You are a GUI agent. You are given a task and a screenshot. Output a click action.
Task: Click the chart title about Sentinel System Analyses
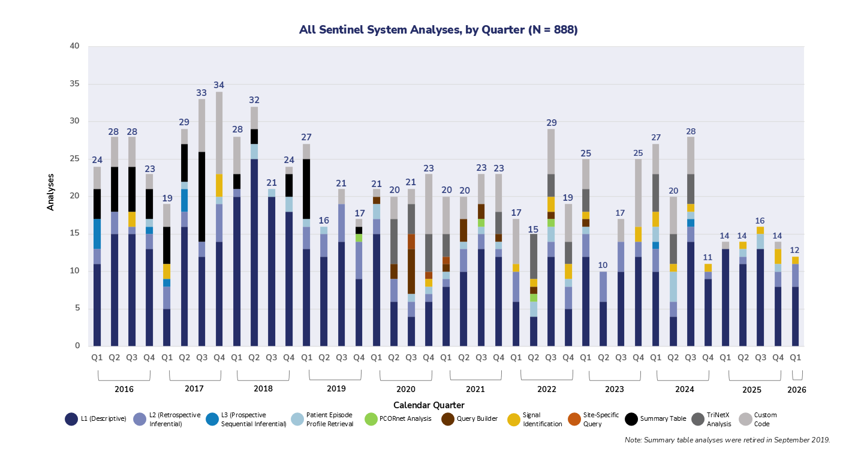pyautogui.click(x=438, y=29)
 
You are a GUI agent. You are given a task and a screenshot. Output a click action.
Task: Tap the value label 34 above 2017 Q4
pyautogui.click(x=220, y=85)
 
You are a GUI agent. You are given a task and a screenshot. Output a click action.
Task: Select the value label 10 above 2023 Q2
pyautogui.click(x=603, y=265)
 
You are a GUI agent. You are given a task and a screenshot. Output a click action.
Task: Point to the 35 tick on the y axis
pyautogui.click(x=74, y=84)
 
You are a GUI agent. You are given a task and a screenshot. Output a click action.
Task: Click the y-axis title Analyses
pyautogui.click(x=51, y=192)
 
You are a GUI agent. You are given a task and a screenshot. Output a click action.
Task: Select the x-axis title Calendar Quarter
pyautogui.click(x=429, y=405)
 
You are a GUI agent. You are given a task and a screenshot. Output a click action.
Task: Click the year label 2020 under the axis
pyautogui.click(x=406, y=388)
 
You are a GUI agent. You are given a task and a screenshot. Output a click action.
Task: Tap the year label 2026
pyautogui.click(x=797, y=389)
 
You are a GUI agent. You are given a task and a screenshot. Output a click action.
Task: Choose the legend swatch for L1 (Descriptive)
pyautogui.click(x=71, y=419)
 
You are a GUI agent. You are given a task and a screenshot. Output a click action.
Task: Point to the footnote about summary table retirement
pyautogui.click(x=727, y=439)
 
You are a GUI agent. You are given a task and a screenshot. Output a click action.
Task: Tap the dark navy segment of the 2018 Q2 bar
pyautogui.click(x=255, y=252)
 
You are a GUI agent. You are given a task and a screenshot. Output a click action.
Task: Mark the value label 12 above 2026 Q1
pyautogui.click(x=796, y=250)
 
